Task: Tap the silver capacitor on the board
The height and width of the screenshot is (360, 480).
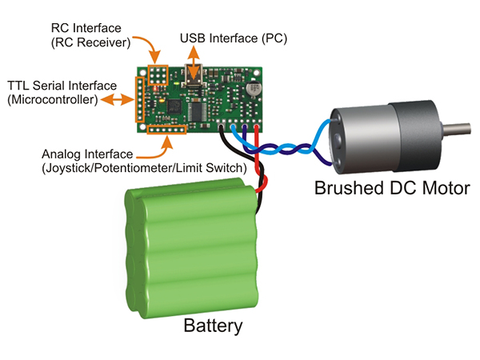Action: click(x=254, y=87)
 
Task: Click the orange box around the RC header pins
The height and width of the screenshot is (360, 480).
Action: click(x=157, y=74)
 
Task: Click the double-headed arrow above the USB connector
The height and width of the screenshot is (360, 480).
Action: click(x=194, y=57)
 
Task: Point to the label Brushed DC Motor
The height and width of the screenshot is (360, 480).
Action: click(x=391, y=189)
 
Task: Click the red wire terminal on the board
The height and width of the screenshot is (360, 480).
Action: click(x=256, y=126)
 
